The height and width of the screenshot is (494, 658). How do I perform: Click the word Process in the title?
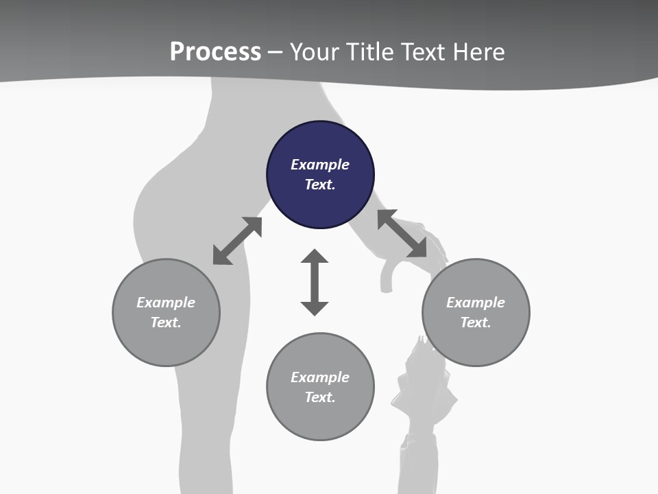(x=215, y=52)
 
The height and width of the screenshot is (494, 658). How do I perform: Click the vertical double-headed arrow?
(x=315, y=282)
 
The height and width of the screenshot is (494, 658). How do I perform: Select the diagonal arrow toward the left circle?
(x=237, y=241)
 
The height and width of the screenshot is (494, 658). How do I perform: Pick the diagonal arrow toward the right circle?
(x=402, y=234)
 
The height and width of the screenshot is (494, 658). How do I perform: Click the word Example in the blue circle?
(x=320, y=165)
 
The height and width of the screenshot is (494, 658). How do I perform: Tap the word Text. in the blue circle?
(x=320, y=185)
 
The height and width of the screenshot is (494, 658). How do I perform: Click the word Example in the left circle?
(x=166, y=303)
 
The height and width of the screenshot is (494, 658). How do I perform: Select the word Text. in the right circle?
(x=476, y=322)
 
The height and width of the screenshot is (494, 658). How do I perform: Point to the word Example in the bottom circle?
(x=320, y=377)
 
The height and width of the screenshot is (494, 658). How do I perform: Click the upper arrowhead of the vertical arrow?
(x=315, y=257)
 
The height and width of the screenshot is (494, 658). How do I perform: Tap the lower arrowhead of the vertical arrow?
(x=315, y=307)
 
